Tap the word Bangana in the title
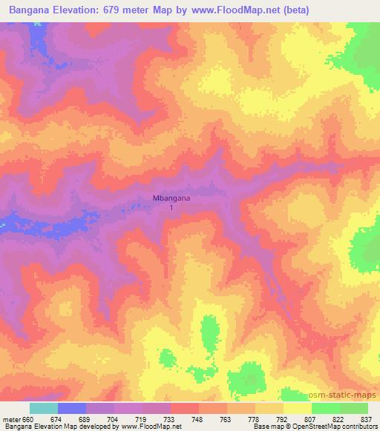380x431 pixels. (32, 10)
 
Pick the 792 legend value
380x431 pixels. (282, 418)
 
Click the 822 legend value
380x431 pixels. (340, 418)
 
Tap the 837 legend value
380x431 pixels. (367, 418)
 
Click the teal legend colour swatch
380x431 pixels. (43, 408)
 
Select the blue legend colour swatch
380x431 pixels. (72, 408)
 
